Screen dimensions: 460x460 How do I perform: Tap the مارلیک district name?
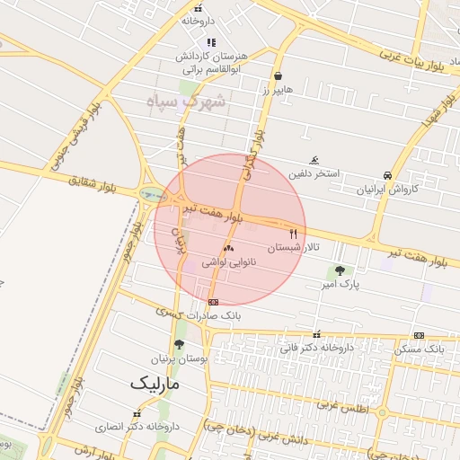pos(155,383)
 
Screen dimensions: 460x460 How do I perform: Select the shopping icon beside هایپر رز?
pos(279,75)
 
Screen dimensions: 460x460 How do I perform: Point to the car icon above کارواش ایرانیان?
pos(387,175)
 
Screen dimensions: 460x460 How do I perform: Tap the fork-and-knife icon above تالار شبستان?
pos(293,232)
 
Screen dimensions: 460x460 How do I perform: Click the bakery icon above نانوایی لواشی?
pos(228,247)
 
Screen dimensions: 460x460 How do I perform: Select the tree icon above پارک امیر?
pos(340,270)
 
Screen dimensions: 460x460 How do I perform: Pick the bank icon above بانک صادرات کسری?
pos(213,302)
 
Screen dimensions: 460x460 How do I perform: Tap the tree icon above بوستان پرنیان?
pos(179,344)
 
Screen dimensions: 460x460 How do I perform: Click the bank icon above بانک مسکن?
pos(419,335)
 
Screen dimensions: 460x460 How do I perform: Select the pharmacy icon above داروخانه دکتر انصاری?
pos(137,413)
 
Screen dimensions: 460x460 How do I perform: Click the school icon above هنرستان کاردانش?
pos(211,42)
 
